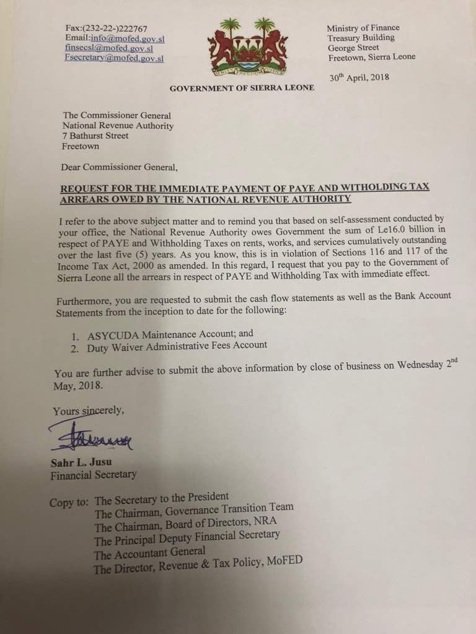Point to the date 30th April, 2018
point(359,77)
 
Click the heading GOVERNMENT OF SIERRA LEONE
point(242,88)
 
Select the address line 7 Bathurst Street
point(95,136)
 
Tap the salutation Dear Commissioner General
point(119,167)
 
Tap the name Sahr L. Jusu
point(79,464)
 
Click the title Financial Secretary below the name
point(94,475)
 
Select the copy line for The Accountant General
point(149,550)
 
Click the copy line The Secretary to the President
point(162,497)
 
